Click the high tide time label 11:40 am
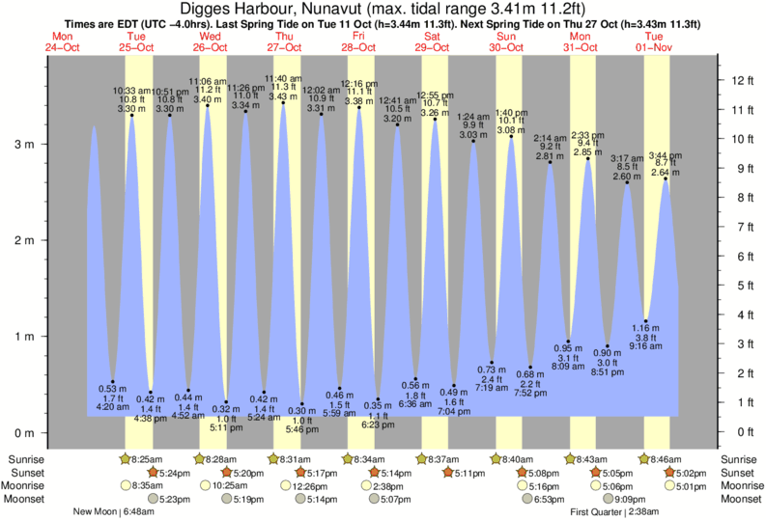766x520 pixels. (x=283, y=78)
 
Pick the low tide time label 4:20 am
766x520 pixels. (x=113, y=407)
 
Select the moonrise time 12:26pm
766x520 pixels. (x=298, y=486)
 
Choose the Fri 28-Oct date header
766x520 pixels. (x=357, y=41)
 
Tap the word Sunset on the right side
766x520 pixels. (x=740, y=473)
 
